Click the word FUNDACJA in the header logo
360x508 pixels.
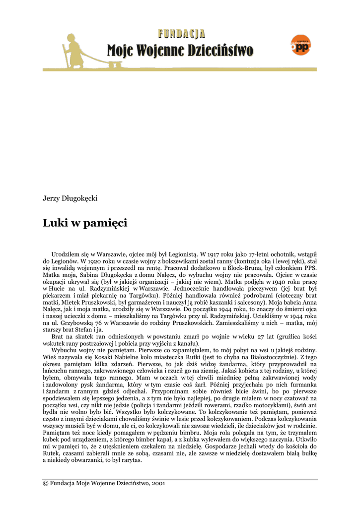click(182, 34)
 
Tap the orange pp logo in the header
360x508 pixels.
click(301, 46)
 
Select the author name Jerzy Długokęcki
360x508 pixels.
click(70, 198)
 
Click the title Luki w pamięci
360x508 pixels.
click(85, 223)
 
